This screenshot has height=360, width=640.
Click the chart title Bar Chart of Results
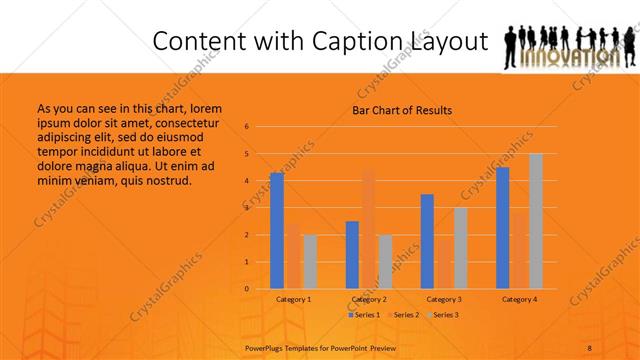click(401, 110)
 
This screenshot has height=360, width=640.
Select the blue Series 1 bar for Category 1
click(276, 231)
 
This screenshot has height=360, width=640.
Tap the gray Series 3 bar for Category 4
click(535, 221)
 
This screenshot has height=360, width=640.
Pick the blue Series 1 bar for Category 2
click(352, 255)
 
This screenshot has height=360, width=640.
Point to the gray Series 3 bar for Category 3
click(460, 248)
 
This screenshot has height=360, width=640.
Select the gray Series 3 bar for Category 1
click(309, 262)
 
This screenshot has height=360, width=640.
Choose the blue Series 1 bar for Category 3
click(427, 241)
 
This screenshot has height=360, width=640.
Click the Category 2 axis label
click(369, 299)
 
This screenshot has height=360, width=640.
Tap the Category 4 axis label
click(519, 299)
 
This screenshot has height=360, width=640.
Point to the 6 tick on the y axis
click(247, 127)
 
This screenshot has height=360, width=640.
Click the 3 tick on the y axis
click(247, 208)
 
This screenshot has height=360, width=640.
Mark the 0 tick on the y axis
click(247, 289)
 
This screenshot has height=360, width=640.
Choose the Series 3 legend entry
click(442, 315)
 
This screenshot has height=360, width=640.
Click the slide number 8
click(589, 346)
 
